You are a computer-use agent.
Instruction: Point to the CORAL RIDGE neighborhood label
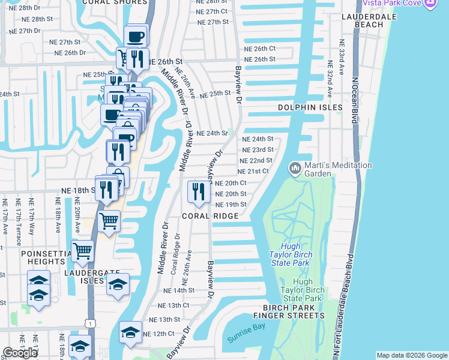(211, 215)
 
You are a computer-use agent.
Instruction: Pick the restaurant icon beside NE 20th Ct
(198, 191)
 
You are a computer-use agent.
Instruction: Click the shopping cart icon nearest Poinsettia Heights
(82, 250)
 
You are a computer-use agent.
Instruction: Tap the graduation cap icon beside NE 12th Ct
(130, 332)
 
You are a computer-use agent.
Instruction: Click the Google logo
(20, 353)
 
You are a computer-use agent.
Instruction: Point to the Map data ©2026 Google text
(411, 355)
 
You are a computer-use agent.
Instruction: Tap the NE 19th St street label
(231, 205)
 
